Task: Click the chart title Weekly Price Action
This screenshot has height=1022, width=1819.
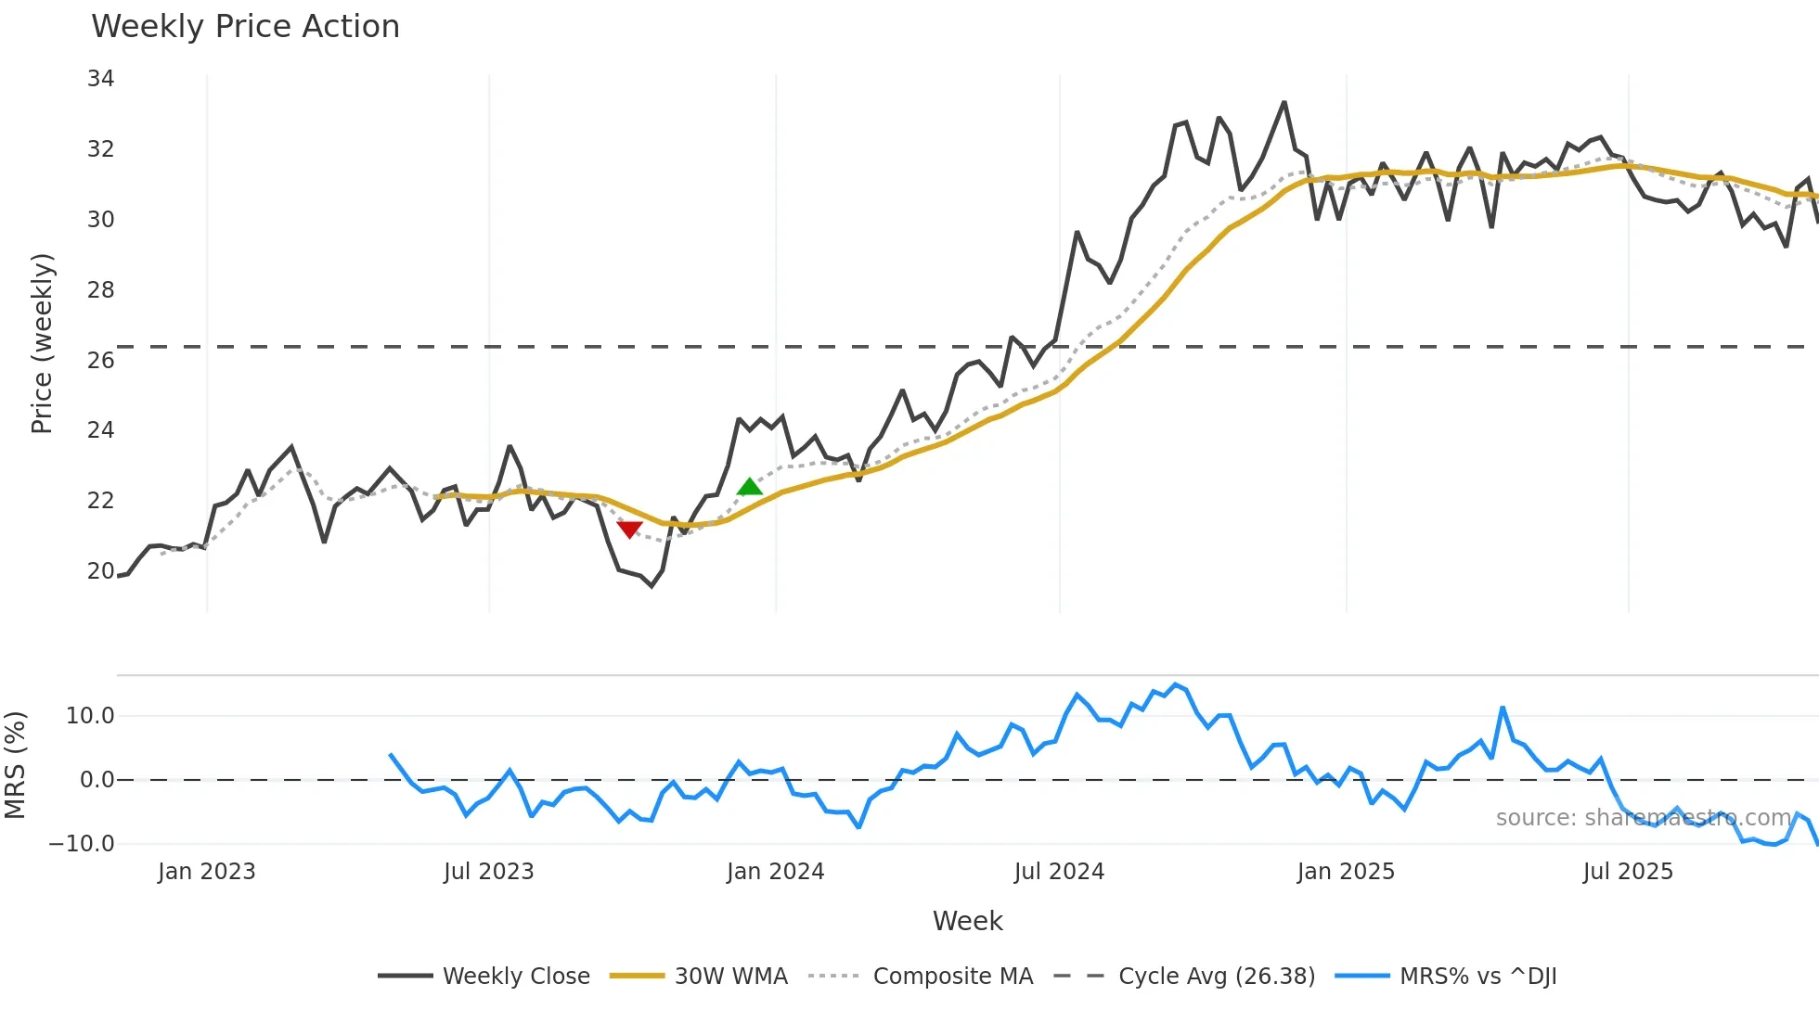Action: (245, 27)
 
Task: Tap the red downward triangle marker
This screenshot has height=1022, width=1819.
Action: (629, 530)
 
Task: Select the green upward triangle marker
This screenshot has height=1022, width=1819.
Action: (749, 487)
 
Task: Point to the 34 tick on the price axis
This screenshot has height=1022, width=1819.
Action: (100, 79)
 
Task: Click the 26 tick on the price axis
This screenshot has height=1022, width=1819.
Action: (100, 360)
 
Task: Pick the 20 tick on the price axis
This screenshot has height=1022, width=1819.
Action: (100, 570)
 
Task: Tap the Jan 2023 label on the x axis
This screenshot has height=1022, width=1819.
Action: (206, 872)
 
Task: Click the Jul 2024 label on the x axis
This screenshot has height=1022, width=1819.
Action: (1059, 872)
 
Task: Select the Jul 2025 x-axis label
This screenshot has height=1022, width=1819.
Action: (1628, 872)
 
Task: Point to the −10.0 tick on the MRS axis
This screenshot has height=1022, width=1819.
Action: (82, 844)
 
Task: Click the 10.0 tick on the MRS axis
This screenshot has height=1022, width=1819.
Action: (90, 716)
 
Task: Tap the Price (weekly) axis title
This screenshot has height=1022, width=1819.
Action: (43, 343)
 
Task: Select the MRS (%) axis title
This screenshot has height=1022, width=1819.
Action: (15, 765)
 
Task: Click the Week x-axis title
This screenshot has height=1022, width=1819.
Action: (967, 921)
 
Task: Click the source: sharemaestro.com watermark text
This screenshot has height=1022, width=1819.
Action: (1643, 818)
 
